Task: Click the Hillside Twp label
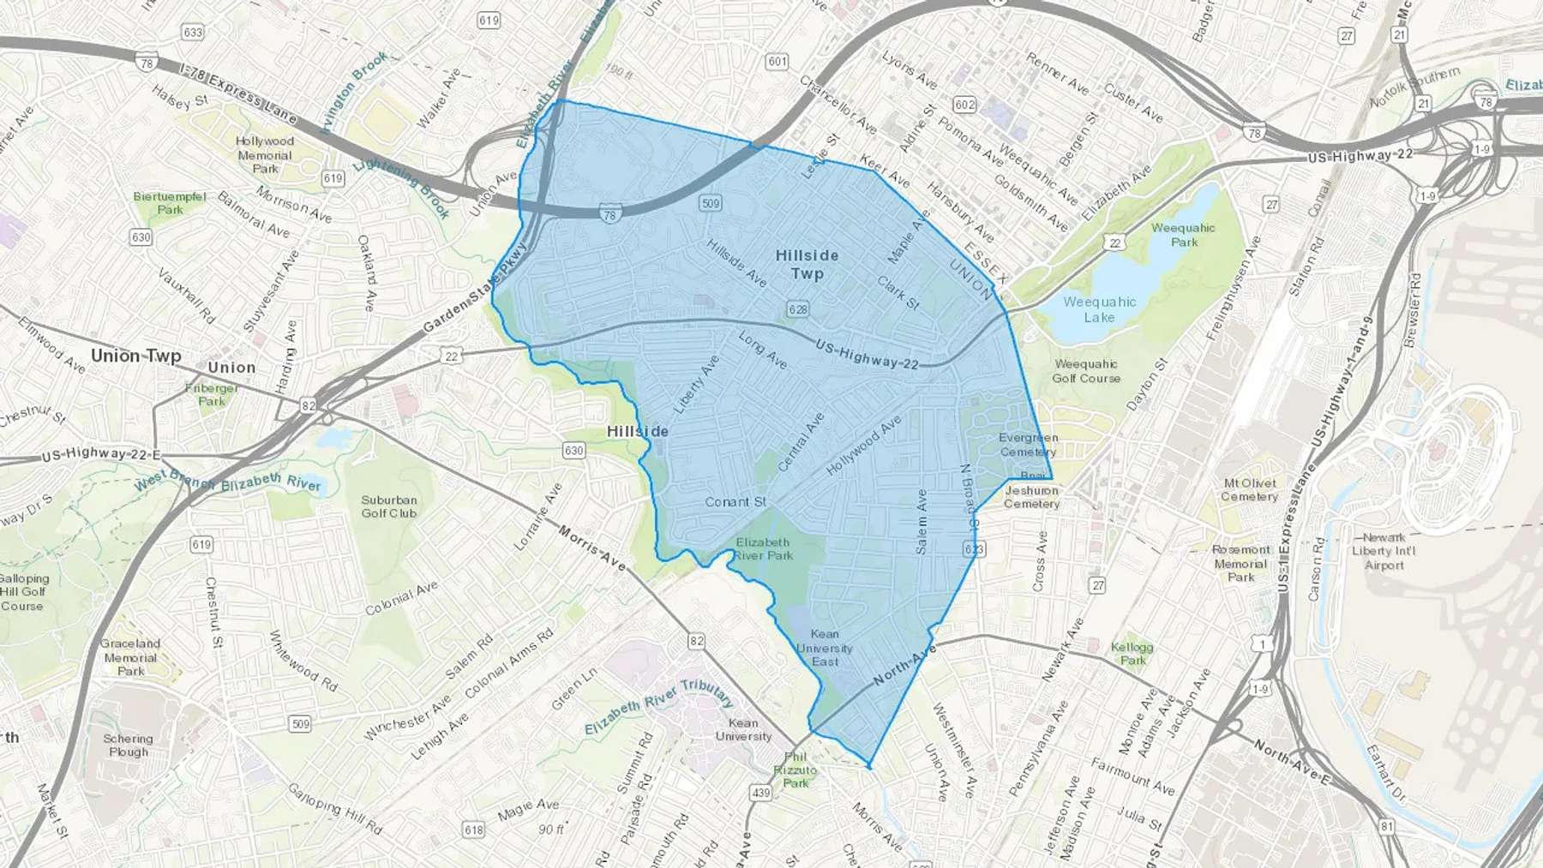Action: [x=807, y=265]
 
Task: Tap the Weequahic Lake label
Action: [x=1099, y=309]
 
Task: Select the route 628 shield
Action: [x=797, y=308]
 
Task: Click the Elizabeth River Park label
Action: [x=763, y=548]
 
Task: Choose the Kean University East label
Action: [x=825, y=648]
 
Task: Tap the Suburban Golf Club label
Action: [x=388, y=506]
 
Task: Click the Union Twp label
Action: [x=135, y=356]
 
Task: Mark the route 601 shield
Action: [x=777, y=61]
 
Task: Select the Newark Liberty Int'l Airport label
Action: [x=1384, y=551]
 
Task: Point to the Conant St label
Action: [x=735, y=502]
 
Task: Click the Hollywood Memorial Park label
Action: [x=265, y=155]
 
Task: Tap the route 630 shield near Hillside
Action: [x=573, y=451]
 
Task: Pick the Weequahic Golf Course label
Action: [x=1085, y=371]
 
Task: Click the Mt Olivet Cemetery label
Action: [x=1249, y=489]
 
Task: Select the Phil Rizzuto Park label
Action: [x=795, y=769]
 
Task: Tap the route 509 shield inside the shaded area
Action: [x=710, y=203]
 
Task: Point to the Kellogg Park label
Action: [x=1132, y=654]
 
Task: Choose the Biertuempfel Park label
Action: [x=170, y=203]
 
